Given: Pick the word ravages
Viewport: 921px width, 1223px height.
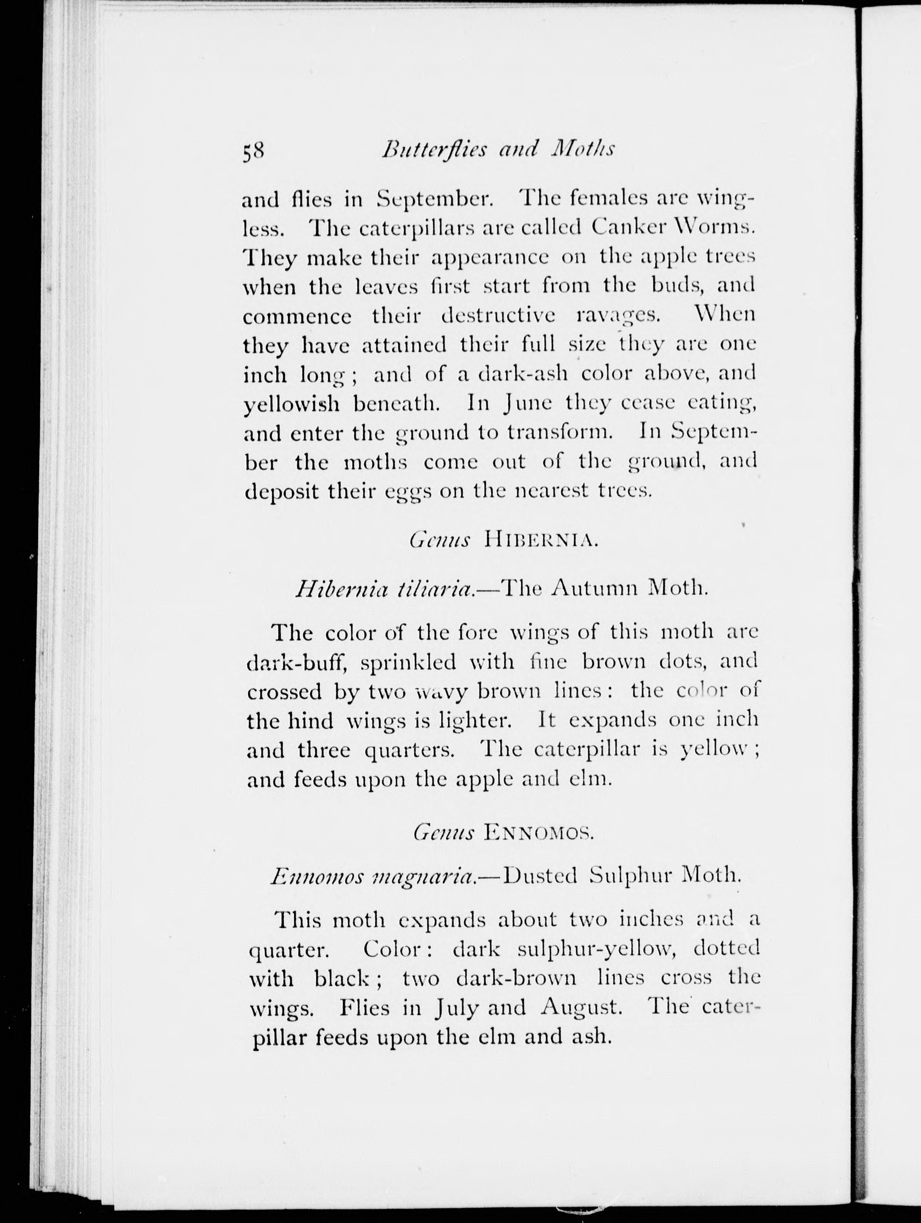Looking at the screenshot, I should click(x=618, y=316).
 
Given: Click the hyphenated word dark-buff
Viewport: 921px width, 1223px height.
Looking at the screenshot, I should click(x=296, y=662).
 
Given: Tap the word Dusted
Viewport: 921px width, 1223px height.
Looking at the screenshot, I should click(x=541, y=876).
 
